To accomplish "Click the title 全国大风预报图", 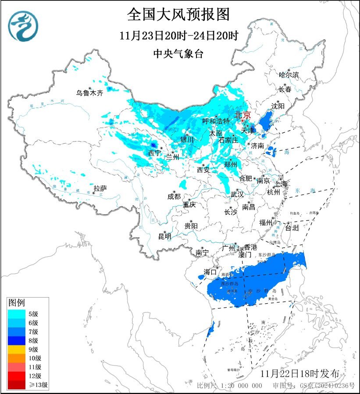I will pos(178,14).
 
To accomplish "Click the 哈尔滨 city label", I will pos(289,75).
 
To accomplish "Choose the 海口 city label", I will pos(210,272).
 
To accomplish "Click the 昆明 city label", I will pos(165,236).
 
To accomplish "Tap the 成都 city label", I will pos(174,196).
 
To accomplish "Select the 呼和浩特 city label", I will pos(216,121).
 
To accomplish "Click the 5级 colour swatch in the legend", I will pos(18,313).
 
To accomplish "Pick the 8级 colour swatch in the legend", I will pos(18,340).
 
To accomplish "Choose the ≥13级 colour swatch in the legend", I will pos(18,385).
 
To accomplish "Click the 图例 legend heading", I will pos(17,302).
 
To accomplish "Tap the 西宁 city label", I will pos(154,153).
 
